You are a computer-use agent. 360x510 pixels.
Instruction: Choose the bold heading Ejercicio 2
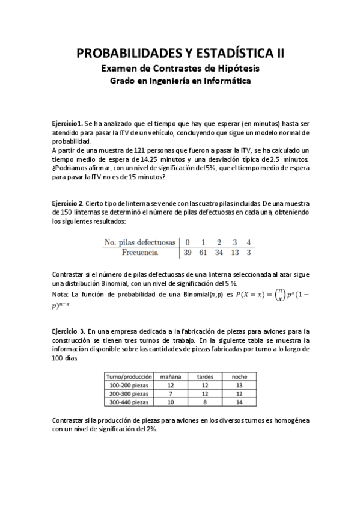point(67,204)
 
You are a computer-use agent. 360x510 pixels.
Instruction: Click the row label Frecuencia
point(139,253)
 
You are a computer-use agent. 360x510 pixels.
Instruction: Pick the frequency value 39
point(188,253)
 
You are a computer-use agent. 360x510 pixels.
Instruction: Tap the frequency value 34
point(219,253)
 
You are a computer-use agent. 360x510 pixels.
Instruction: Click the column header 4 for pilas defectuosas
point(248,242)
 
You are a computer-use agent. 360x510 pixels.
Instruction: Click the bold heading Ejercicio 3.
point(68,331)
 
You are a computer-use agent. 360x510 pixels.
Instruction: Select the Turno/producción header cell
point(128,376)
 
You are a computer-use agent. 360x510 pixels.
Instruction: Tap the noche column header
point(239,376)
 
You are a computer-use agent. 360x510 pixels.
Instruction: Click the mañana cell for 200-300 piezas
point(171,393)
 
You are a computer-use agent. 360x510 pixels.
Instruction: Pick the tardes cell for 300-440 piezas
point(205,401)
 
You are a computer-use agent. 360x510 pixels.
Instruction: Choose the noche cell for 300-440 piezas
point(239,401)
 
